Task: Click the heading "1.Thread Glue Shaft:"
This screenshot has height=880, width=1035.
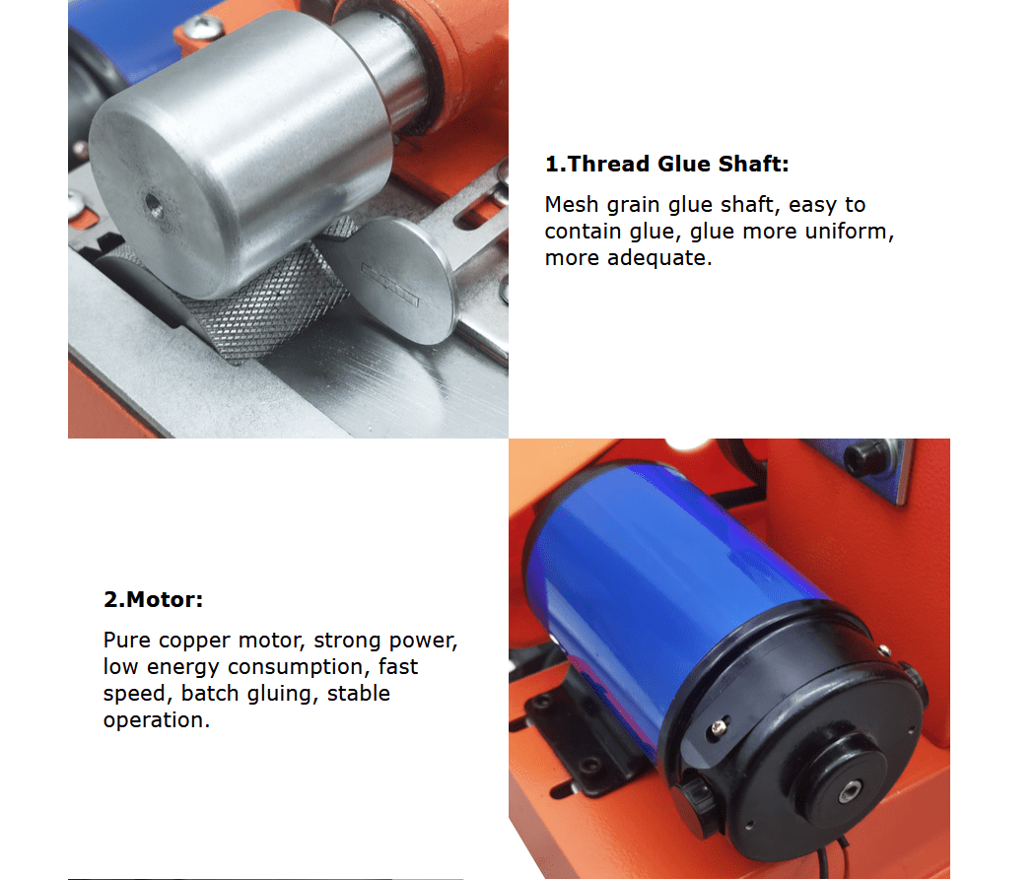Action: [666, 164]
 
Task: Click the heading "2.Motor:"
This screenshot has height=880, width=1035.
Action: [153, 599]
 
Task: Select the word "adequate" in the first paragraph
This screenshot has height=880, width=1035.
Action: [656, 258]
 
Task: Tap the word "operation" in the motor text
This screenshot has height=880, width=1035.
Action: [153, 719]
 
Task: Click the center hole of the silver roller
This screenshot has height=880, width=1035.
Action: [154, 205]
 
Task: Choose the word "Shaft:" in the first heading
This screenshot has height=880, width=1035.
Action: [754, 164]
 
